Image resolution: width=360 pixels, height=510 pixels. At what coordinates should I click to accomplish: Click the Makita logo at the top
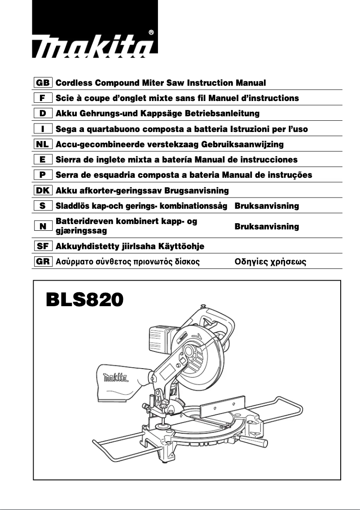click(94, 47)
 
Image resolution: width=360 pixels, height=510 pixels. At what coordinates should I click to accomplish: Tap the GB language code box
click(43, 83)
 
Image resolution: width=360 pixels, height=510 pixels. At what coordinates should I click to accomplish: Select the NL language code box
click(43, 145)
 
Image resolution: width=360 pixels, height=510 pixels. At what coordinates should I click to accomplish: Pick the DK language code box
click(43, 190)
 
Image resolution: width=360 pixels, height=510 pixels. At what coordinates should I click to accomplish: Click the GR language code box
click(43, 261)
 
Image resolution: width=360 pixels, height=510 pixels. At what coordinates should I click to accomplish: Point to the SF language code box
click(43, 246)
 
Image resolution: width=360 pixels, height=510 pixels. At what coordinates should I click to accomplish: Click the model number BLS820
click(84, 300)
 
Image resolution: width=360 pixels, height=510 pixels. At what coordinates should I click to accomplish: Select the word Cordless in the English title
click(74, 83)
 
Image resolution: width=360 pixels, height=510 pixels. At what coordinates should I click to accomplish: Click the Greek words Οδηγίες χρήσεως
click(270, 261)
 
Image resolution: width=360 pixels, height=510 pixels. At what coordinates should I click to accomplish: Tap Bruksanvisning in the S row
click(267, 206)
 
